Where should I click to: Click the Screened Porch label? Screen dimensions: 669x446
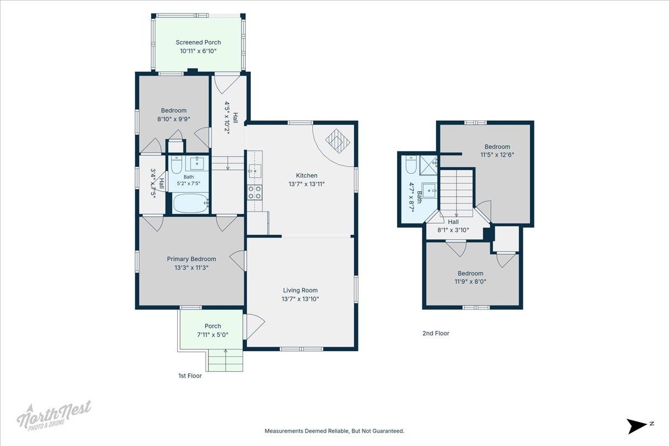198,42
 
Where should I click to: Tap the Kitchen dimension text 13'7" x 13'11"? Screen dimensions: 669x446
307,184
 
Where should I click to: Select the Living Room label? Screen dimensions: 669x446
300,290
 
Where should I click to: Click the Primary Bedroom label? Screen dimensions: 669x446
191,259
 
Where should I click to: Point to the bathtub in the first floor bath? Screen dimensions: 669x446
190,203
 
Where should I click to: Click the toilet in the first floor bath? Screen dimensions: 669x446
176,164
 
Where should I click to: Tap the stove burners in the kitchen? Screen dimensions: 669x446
254,192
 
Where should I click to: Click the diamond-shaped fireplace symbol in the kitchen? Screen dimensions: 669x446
337,141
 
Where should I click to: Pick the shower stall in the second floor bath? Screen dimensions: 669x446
429,164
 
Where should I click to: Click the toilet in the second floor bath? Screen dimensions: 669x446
411,164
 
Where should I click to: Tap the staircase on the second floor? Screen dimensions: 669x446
457,193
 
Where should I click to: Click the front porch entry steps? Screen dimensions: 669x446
225,360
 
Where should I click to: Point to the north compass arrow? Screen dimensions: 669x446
636,426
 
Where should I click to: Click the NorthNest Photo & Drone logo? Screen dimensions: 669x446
54,416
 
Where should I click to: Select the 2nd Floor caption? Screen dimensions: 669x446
436,333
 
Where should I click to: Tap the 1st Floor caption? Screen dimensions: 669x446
190,376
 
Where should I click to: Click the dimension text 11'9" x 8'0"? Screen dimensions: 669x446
471,282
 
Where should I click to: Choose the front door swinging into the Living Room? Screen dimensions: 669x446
254,327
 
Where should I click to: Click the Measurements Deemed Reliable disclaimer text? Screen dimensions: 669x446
334,431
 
